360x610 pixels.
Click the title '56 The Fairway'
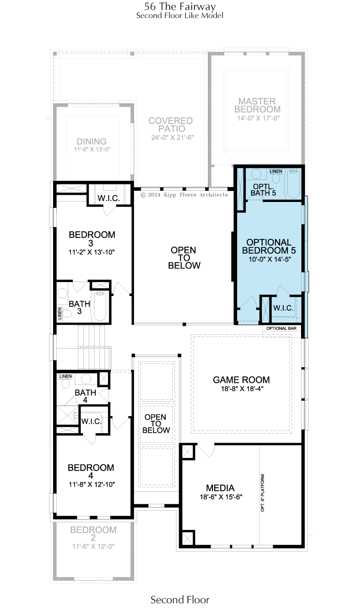[180, 6]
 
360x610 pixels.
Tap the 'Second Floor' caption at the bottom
[180, 600]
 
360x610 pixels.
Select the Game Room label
[241, 380]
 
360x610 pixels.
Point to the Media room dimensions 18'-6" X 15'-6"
[221, 497]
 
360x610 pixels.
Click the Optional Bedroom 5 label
[269, 246]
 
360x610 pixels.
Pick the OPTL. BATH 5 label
[263, 190]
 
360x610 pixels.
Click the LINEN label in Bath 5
[276, 171]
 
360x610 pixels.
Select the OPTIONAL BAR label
[281, 328]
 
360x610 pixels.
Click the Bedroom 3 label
[92, 238]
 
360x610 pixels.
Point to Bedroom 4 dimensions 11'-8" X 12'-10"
[92, 484]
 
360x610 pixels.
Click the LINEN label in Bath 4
[66, 377]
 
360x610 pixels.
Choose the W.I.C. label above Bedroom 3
[108, 198]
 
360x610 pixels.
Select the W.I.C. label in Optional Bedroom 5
[283, 308]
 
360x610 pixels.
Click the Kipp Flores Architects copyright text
[184, 195]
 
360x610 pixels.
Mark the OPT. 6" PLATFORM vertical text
[263, 493]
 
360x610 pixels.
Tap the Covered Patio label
[171, 125]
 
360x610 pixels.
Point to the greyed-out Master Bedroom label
[257, 105]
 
